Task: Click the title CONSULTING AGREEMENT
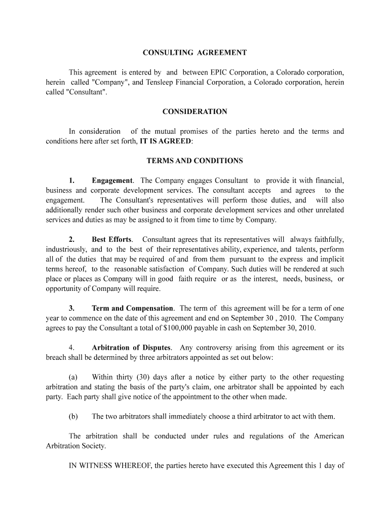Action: point(194,53)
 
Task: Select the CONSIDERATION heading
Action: point(194,112)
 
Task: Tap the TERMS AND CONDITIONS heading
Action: point(194,161)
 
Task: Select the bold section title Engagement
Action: point(112,180)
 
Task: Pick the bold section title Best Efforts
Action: point(111,239)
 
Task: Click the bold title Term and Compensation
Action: point(132,308)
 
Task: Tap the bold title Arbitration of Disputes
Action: point(131,348)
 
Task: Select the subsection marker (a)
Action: point(73,377)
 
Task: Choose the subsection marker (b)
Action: point(73,417)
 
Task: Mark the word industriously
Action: point(66,249)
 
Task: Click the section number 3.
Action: point(72,308)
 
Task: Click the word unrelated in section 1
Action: point(329,210)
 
